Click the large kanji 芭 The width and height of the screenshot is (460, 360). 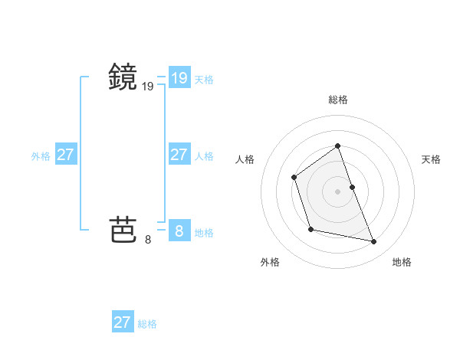pyautogui.click(x=123, y=228)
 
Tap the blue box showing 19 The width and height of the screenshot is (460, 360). pyautogui.click(x=179, y=78)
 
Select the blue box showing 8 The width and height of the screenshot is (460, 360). pyautogui.click(x=179, y=230)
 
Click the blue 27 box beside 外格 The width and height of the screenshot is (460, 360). pyautogui.click(x=65, y=155)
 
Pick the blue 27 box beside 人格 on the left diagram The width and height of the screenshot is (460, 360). pyautogui.click(x=179, y=155)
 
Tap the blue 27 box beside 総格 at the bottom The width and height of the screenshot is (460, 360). pyautogui.click(x=122, y=322)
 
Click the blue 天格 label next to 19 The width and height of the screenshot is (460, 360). pyautogui.click(x=204, y=80)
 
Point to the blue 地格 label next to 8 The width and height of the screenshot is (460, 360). pyautogui.click(x=204, y=233)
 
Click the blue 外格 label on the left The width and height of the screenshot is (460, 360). pyautogui.click(x=41, y=156)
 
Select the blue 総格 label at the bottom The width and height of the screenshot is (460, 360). pyautogui.click(x=147, y=324)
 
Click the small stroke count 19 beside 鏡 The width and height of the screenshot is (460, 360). pyautogui.click(x=148, y=87)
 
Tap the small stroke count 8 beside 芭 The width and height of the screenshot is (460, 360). pyautogui.click(x=148, y=240)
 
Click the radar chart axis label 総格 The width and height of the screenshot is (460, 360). pyautogui.click(x=337, y=100)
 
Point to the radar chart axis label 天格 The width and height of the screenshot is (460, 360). pyautogui.click(x=431, y=159)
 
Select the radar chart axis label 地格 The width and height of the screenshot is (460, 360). pyautogui.click(x=402, y=262)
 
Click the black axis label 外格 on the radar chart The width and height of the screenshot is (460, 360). pyautogui.click(x=270, y=262)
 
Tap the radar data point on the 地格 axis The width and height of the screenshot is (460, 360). pyautogui.click(x=374, y=242)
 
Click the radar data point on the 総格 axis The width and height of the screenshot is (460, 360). pyautogui.click(x=337, y=146)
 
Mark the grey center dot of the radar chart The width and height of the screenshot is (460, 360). pyautogui.click(x=337, y=191)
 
